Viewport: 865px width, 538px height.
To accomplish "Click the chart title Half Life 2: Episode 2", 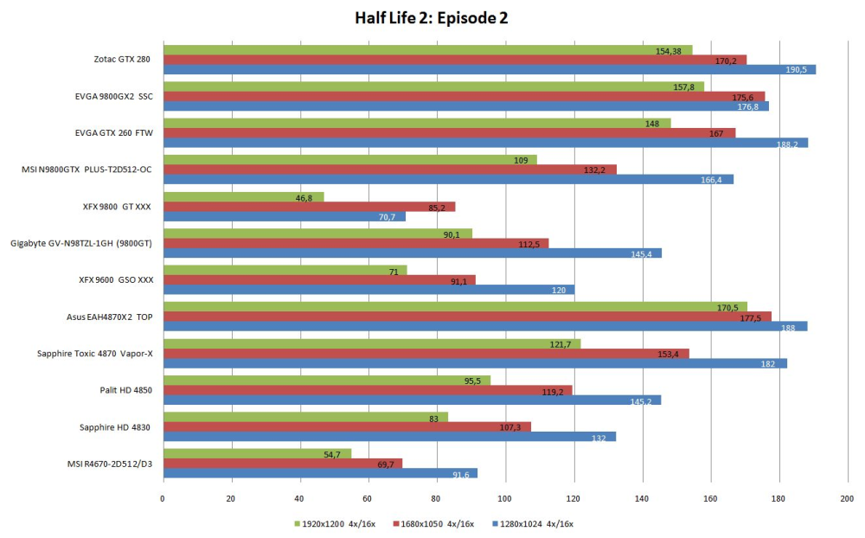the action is (431, 18).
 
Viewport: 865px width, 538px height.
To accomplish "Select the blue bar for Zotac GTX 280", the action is (490, 69).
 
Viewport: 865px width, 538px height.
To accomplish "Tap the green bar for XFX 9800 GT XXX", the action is (244, 197).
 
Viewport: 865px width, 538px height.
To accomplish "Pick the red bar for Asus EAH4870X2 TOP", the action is (467, 317).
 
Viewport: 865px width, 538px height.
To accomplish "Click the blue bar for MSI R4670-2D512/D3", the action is (321, 473).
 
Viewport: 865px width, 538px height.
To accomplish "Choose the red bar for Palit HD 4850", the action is (368, 390).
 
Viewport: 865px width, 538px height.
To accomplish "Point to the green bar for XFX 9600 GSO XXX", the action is (285, 271).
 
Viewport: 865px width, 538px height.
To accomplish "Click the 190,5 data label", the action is (796, 70).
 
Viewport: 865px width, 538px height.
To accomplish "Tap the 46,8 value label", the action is (304, 198).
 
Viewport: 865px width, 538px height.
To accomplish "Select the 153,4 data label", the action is (668, 355).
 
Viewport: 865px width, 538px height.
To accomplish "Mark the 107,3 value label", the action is (509, 427).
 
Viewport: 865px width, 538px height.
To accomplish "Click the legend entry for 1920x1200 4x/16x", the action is (335, 523).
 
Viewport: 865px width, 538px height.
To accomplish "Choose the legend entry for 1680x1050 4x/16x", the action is (433, 523).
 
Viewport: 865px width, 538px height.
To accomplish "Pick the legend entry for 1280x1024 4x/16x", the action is (532, 523).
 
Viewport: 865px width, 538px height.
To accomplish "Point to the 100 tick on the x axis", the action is (505, 499).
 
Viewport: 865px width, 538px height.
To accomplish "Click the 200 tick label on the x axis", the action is (847, 499).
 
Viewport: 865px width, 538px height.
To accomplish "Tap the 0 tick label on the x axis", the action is (163, 499).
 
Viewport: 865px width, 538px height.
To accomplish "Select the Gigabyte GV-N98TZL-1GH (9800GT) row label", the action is (81, 243).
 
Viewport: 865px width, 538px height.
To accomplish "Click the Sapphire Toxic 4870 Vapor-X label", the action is (95, 354).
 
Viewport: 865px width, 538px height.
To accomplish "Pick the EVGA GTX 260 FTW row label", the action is (114, 133).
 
